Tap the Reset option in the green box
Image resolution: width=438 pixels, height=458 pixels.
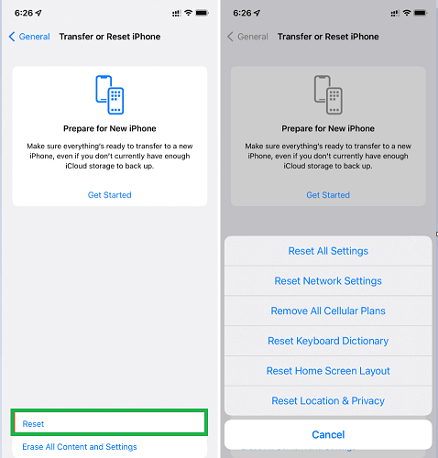pos(33,424)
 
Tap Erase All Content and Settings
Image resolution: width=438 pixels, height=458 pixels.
pos(80,447)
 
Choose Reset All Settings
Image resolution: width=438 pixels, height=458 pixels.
pos(328,251)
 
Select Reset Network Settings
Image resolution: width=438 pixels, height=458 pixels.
pos(328,281)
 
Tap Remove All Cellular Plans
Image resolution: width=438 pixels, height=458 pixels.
pos(328,311)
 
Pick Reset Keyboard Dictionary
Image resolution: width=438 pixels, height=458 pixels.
pos(328,341)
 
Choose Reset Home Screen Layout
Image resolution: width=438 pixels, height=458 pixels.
pos(328,371)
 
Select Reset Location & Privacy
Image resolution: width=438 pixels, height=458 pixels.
pos(328,400)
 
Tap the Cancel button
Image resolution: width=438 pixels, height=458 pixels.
pos(328,434)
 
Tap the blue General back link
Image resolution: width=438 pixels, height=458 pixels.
pos(29,37)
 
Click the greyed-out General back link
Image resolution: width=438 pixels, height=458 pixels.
pos(247,37)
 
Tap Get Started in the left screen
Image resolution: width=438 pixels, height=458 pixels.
pos(110,195)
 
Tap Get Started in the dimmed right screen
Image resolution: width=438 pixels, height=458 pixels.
pos(328,195)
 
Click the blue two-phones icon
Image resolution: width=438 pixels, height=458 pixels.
pos(110,95)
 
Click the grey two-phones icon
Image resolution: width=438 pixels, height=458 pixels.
pos(328,95)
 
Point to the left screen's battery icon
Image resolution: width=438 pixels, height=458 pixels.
pos(203,13)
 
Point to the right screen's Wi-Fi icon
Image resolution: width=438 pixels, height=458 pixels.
pos(407,13)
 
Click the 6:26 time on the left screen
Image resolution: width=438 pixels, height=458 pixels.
pos(24,13)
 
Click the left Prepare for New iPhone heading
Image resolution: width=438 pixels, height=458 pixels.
pos(110,128)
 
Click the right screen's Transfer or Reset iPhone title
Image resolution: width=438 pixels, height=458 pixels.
pos(328,37)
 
